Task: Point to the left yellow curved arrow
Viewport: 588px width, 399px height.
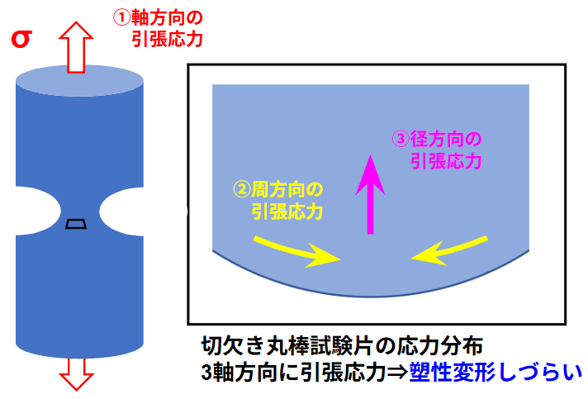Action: point(296,249)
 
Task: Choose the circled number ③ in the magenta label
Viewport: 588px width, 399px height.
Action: point(400,138)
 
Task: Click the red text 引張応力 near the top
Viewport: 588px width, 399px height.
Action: point(167,38)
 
